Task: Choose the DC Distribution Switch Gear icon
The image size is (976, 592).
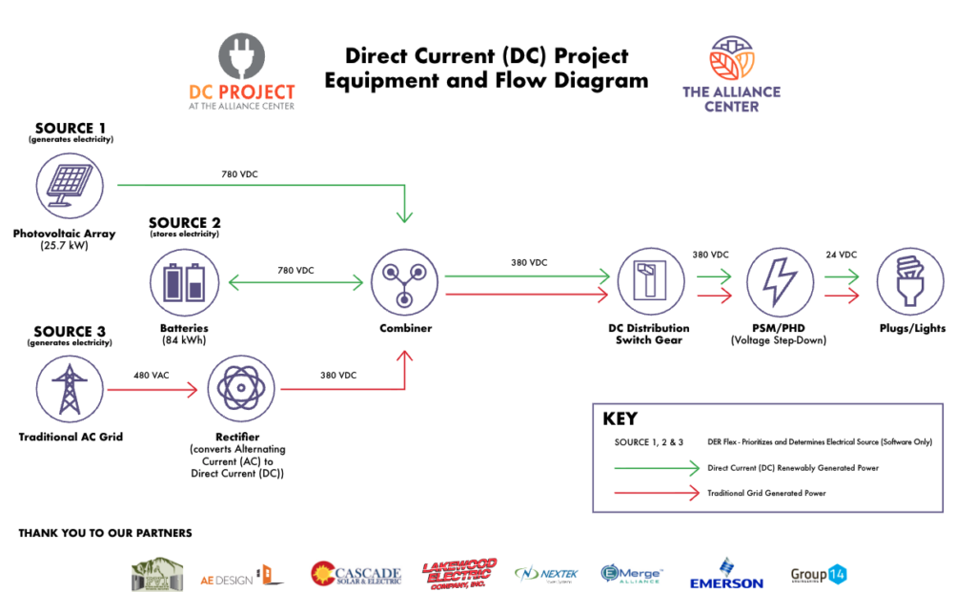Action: tap(649, 283)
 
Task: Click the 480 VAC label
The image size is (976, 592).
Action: tap(151, 376)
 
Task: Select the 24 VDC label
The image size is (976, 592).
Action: tap(841, 255)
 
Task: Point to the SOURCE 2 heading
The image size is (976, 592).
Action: tap(185, 223)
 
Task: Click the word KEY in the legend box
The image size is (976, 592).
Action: tap(620, 418)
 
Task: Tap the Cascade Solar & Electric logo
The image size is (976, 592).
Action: tap(356, 573)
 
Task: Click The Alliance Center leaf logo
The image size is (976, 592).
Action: tap(731, 60)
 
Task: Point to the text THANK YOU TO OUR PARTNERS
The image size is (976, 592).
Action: tap(105, 533)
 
